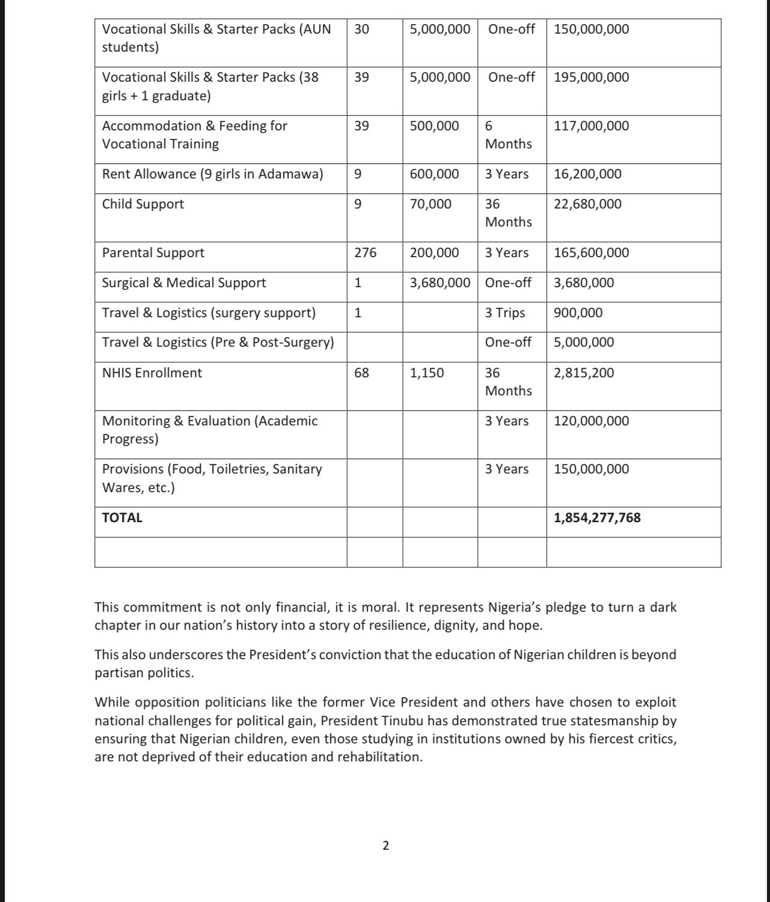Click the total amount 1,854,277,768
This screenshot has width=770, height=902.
pos(597,517)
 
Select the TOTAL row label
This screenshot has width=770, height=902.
pos(122,517)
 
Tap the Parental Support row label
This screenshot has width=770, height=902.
pos(153,252)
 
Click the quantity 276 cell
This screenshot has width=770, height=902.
pos(365,252)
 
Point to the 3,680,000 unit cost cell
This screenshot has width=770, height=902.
pos(440,282)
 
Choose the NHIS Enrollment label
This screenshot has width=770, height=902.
pos(152,373)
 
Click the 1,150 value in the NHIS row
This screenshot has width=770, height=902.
pos(427,373)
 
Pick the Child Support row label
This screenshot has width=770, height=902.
pos(143,204)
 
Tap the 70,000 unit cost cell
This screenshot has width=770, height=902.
pos(430,204)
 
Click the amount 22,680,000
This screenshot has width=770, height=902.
pos(587,204)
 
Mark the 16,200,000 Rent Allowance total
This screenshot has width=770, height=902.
pos(587,174)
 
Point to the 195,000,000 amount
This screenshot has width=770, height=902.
pos(591,77)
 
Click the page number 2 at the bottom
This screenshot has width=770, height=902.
pos(385,846)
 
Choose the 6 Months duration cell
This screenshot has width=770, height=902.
pos(508,135)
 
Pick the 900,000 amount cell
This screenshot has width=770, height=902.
pos(578,312)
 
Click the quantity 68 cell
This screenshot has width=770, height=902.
pos(361,373)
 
